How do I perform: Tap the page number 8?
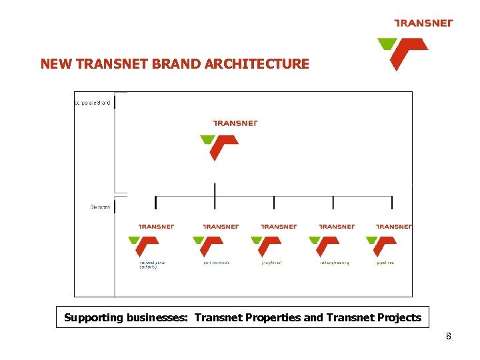[449, 336]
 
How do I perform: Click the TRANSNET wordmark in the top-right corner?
[423, 23]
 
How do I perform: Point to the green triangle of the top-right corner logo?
[386, 44]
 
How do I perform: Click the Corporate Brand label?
[92, 102]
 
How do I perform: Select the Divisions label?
[100, 207]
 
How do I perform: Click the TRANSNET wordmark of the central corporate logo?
[235, 123]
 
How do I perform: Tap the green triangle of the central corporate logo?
[208, 140]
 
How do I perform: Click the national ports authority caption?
[151, 264]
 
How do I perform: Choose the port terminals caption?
[216, 263]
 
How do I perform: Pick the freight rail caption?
[271, 263]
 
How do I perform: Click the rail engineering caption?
[334, 263]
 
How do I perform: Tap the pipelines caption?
[385, 263]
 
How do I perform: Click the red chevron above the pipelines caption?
[386, 246]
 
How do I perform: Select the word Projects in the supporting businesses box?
[396, 317]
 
